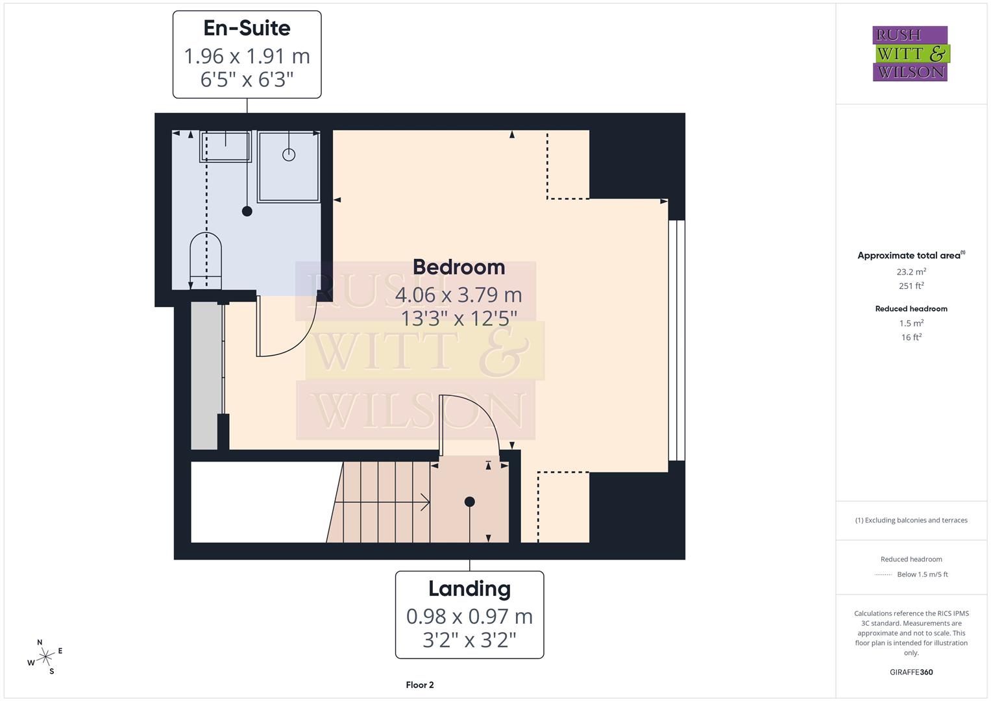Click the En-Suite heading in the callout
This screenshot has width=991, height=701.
tap(247, 28)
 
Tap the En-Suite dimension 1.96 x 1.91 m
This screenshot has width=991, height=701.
tap(247, 56)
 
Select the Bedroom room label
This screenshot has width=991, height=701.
tap(458, 267)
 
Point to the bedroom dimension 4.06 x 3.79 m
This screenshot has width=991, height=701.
tap(458, 295)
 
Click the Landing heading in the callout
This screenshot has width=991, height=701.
tap(469, 589)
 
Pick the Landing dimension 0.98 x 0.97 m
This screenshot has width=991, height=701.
tap(469, 616)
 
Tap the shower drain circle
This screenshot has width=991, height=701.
tap(289, 154)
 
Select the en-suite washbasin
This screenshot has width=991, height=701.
tap(225, 146)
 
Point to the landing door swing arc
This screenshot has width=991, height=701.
tap(477, 415)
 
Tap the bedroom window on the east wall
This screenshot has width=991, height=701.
tap(676, 341)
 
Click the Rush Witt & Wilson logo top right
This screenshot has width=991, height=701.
tap(911, 54)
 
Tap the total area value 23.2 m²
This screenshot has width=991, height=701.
tap(911, 272)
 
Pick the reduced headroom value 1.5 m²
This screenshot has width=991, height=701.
tap(911, 323)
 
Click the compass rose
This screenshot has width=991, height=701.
tap(45, 657)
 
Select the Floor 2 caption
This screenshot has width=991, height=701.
tap(420, 685)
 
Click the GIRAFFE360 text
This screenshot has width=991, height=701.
tap(911, 672)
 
